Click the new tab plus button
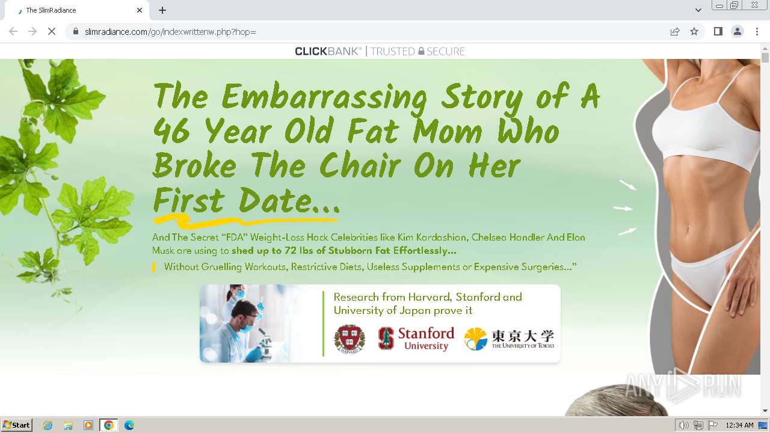pos(162,10)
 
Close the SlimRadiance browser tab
pos(140,10)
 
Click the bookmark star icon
pos(694,31)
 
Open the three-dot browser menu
pos(757,31)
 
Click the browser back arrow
pos(13,31)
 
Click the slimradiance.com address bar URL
pos(170,31)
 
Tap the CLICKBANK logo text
pos(328,51)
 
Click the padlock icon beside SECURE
pos(421,51)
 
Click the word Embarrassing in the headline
pos(325,97)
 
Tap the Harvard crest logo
pos(350,338)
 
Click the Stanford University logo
pos(416,338)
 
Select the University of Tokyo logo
pos(509,339)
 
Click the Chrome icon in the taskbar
pos(108,425)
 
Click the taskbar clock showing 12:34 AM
pos(739,425)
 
